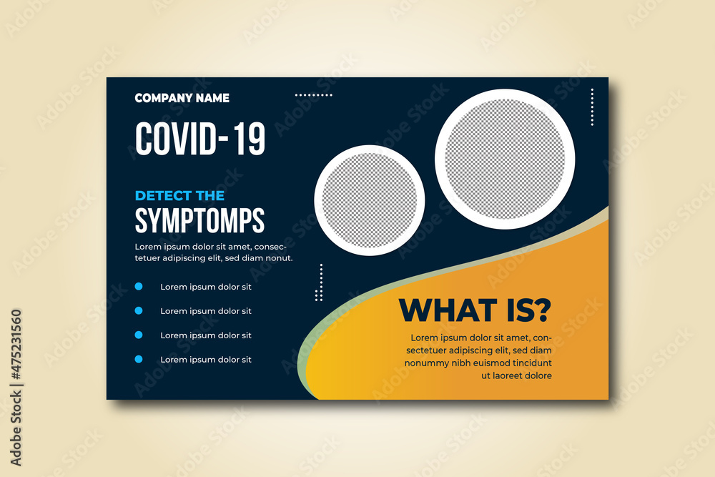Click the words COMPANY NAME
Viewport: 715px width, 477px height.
coord(182,98)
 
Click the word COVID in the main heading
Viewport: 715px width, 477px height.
coord(176,139)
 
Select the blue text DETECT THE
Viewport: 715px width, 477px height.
coord(179,196)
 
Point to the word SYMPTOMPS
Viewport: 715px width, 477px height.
coord(199,221)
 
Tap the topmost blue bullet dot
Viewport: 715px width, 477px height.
coord(139,286)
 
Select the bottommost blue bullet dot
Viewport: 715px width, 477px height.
coord(139,359)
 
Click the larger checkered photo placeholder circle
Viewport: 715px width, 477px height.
coord(505,159)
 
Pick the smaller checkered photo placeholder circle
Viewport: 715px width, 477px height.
coord(370,200)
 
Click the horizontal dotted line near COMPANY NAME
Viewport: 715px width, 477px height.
coord(314,95)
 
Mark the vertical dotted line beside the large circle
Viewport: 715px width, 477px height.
coord(592,107)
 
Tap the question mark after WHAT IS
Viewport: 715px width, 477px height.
coord(543,310)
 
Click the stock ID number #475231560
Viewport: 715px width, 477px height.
coord(16,345)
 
